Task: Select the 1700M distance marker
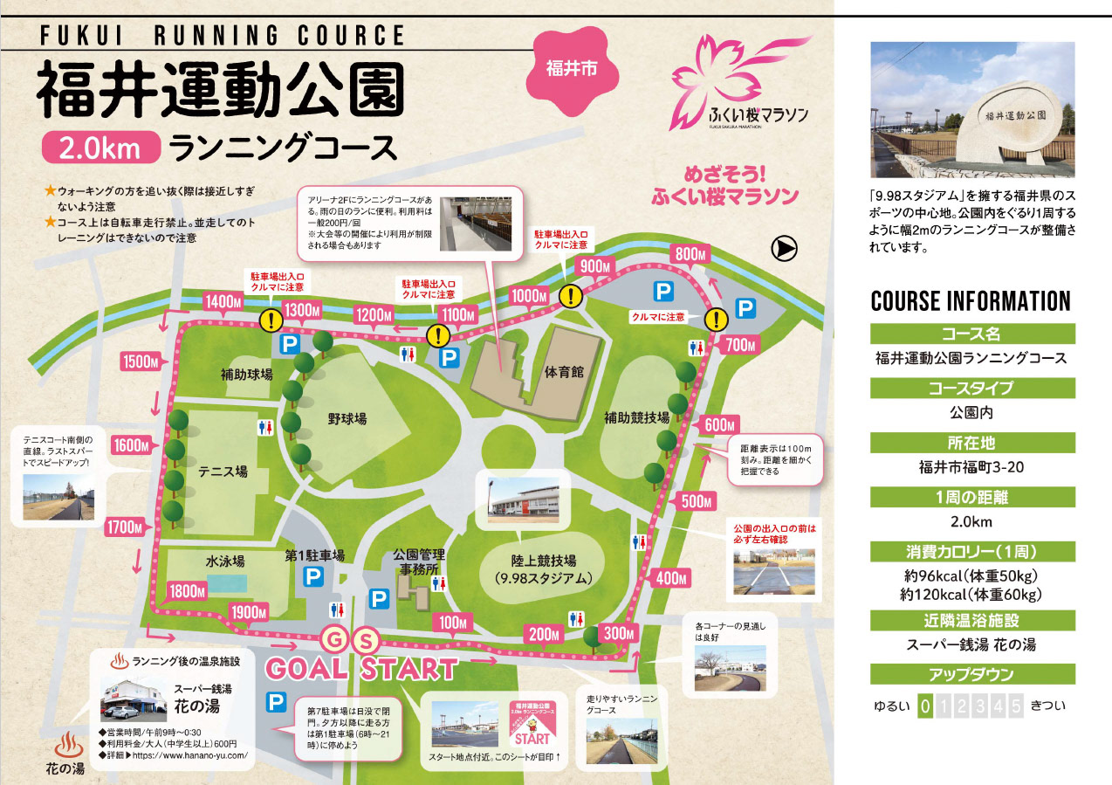pyautogui.click(x=124, y=527)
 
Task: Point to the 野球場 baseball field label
pyautogui.click(x=347, y=419)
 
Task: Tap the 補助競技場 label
pyautogui.click(x=636, y=417)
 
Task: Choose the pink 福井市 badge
pyautogui.click(x=571, y=68)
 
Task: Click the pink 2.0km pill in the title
pyautogui.click(x=100, y=147)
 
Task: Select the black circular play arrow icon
pyautogui.click(x=784, y=249)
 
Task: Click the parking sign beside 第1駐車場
pyautogui.click(x=312, y=577)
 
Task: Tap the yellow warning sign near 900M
pyautogui.click(x=571, y=296)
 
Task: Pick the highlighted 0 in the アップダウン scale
pyautogui.click(x=925, y=706)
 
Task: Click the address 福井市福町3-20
pyautogui.click(x=972, y=467)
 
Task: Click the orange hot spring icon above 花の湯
pyautogui.click(x=66, y=745)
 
